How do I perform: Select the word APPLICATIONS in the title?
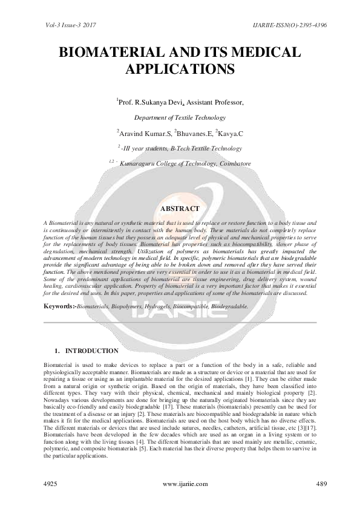tap(180, 68)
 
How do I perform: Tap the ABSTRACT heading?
tap(180, 209)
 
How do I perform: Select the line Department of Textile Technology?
tap(180, 118)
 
